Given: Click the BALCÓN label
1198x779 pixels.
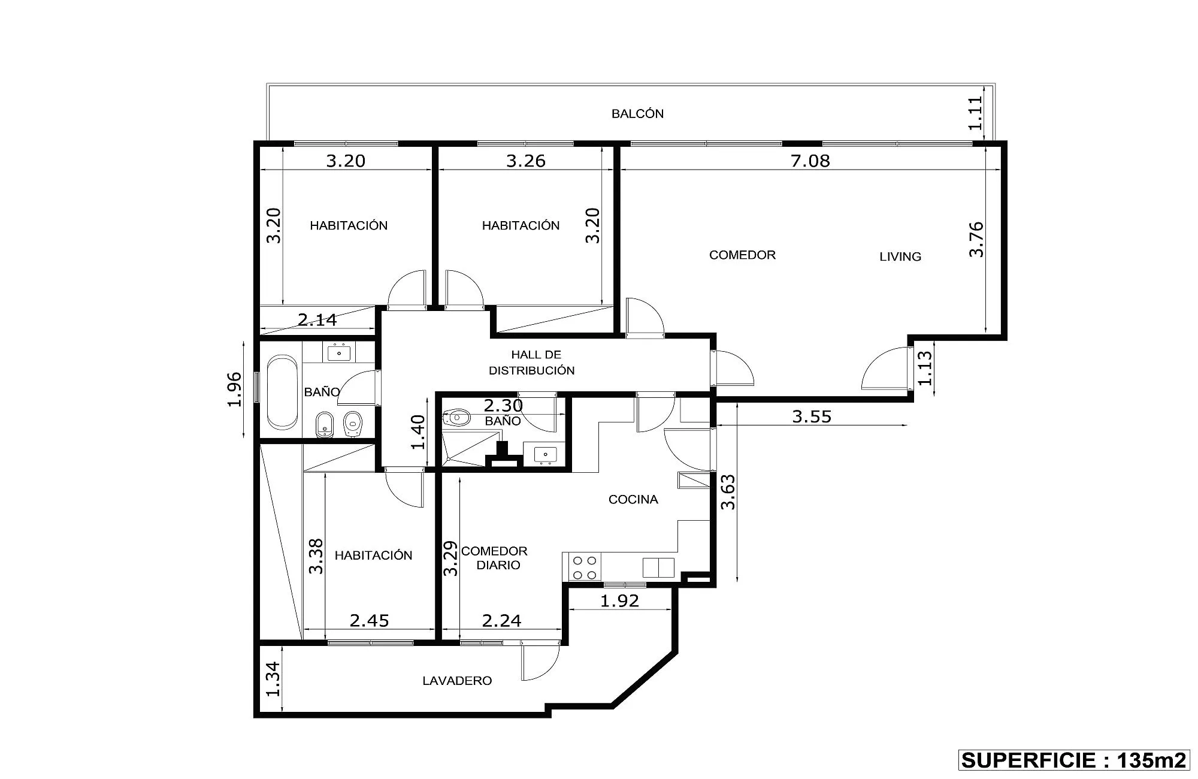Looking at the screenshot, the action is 637,114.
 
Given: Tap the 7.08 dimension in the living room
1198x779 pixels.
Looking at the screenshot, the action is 810,161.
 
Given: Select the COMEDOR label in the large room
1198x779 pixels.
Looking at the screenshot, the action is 742,255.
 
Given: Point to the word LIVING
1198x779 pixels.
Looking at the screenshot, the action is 900,256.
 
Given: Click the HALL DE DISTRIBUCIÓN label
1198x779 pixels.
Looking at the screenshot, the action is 532,363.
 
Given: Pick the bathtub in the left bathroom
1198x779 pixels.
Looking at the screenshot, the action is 282,392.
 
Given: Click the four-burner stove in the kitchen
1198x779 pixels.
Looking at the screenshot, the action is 585,567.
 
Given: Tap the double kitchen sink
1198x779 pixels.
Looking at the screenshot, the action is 658,567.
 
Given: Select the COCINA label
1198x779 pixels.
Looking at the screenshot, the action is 633,499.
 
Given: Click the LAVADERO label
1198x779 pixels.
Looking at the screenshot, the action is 457,681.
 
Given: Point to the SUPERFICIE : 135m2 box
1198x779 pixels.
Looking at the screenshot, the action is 1073,760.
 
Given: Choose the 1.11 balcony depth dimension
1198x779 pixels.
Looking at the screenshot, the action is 975,113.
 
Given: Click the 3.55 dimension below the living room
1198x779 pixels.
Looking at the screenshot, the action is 812,416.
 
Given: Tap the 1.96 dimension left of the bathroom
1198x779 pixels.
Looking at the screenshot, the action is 235,389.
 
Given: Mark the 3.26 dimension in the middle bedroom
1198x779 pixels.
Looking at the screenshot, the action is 526,161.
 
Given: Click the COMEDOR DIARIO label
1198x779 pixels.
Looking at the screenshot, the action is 494,558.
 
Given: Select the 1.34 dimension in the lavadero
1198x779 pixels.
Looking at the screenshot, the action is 273,679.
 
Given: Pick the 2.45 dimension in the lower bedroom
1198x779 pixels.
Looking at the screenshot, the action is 370,620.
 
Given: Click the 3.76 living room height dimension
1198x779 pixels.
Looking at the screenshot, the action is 976,239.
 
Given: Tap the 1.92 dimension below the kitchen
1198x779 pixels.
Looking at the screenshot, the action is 620,600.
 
